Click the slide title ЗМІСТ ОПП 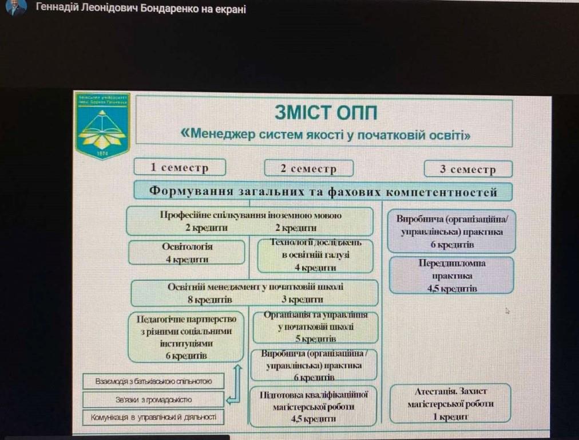click(x=326, y=111)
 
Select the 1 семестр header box click(x=179, y=167)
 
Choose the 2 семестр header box click(x=308, y=168)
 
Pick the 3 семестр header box click(x=468, y=169)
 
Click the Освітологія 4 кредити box click(x=187, y=253)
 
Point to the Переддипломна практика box click(x=451, y=276)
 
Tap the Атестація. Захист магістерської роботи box click(x=450, y=403)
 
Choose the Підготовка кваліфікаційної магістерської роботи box click(x=314, y=406)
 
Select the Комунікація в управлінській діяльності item click(x=153, y=417)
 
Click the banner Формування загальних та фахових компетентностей click(x=323, y=191)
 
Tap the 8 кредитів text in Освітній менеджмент click(x=209, y=299)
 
